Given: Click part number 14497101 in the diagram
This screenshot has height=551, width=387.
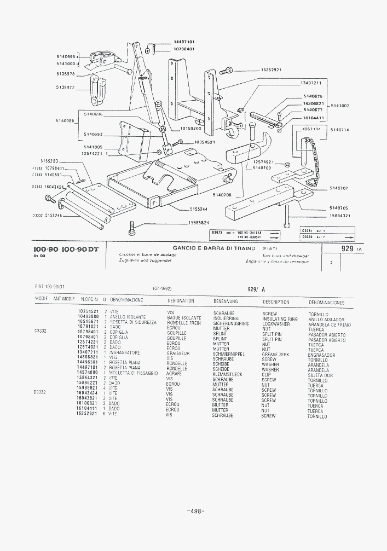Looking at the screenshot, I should pos(184,42).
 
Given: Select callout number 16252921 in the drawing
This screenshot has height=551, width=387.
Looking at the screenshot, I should pos(272,70).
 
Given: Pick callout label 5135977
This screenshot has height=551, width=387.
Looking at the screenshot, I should pos(66,87).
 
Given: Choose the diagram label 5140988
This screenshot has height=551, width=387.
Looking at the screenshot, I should pos(66,120).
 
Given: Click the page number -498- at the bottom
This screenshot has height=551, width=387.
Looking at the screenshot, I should pos(195,512).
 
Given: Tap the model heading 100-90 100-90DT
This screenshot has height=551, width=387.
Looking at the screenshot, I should pos(66,250).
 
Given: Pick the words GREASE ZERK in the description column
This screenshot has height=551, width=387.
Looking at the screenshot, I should pos(275,355).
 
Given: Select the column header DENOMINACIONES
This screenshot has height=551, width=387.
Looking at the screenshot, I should pos(326,302).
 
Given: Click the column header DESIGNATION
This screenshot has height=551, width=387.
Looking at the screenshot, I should pos(181,301).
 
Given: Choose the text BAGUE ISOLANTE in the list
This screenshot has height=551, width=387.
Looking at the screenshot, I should pos(184,318).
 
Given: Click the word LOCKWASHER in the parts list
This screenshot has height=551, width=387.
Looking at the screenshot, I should pos(276,324).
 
